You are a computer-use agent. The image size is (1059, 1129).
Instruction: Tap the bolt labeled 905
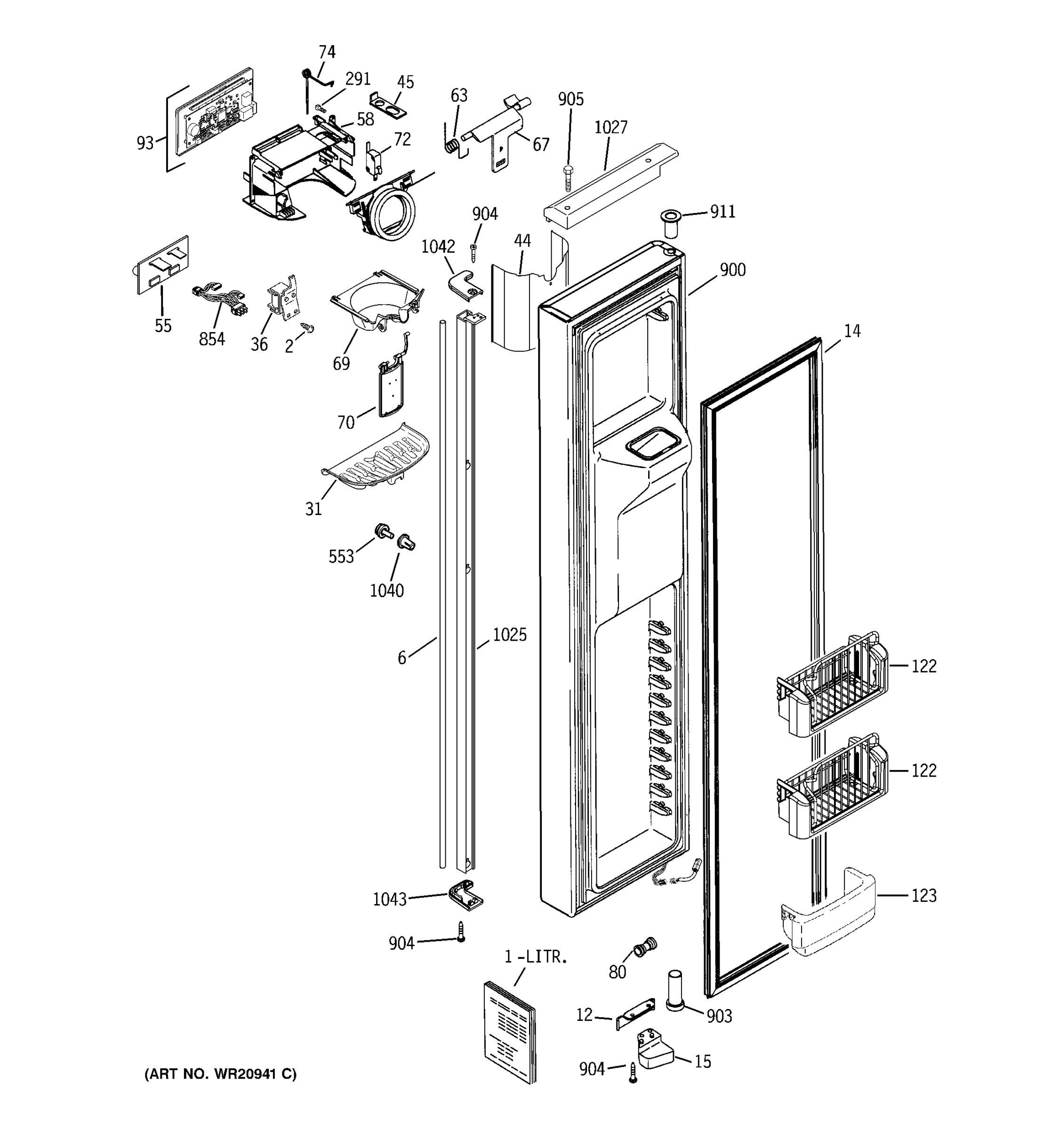[568, 178]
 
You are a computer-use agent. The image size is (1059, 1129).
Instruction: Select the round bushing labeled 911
[670, 223]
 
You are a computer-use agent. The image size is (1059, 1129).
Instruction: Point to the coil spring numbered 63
[452, 145]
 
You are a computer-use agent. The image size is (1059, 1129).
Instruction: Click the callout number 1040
[387, 591]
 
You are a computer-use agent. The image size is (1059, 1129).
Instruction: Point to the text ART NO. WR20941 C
[220, 1074]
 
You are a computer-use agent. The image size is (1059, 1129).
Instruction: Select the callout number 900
[733, 270]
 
